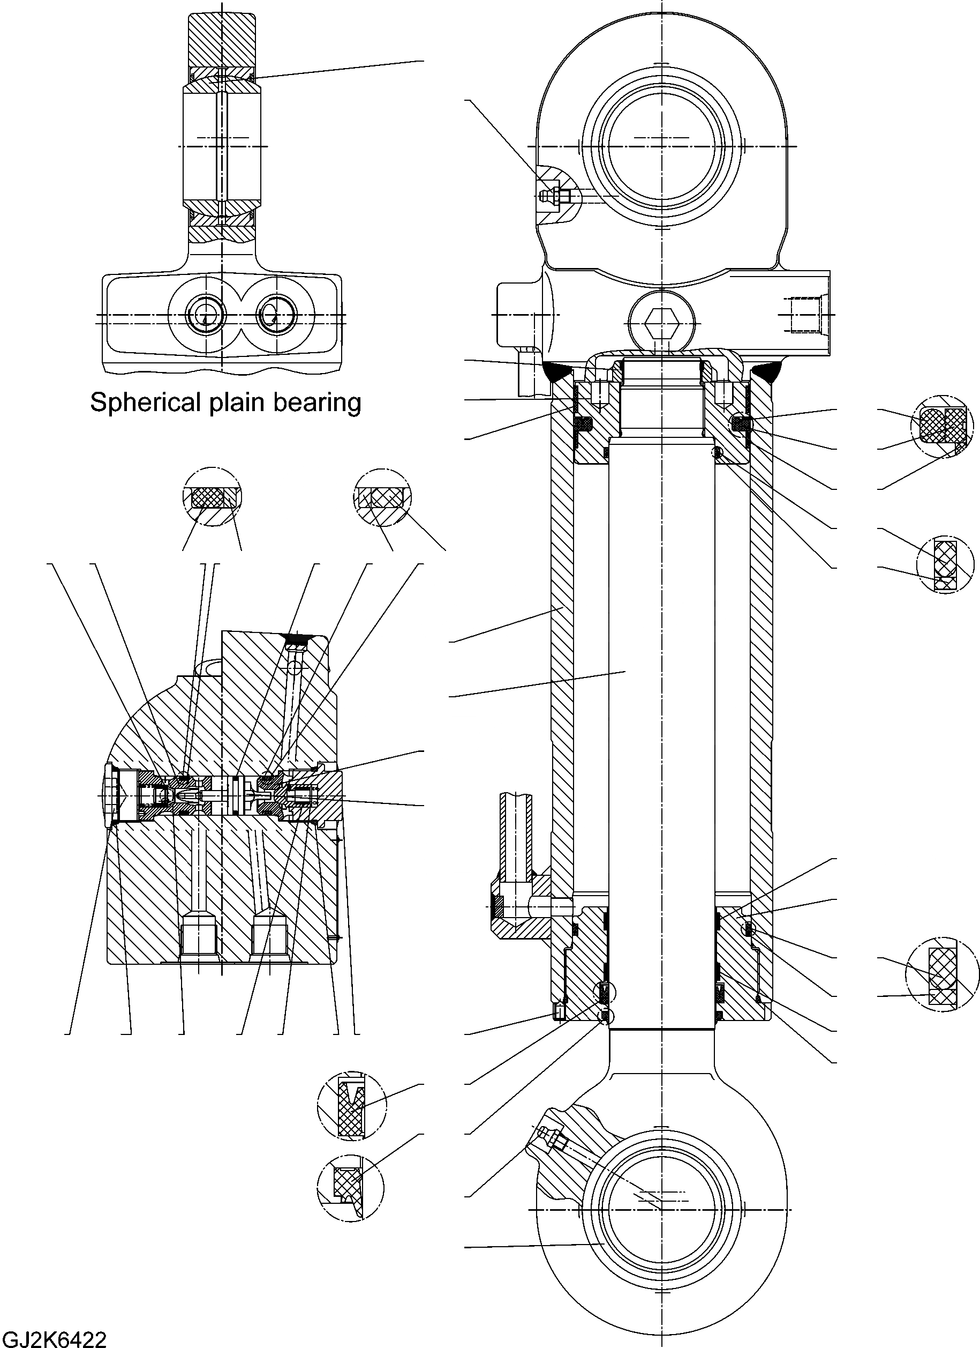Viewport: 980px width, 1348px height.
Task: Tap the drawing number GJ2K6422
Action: (54, 1337)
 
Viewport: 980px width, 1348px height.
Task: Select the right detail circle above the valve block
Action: (382, 497)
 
